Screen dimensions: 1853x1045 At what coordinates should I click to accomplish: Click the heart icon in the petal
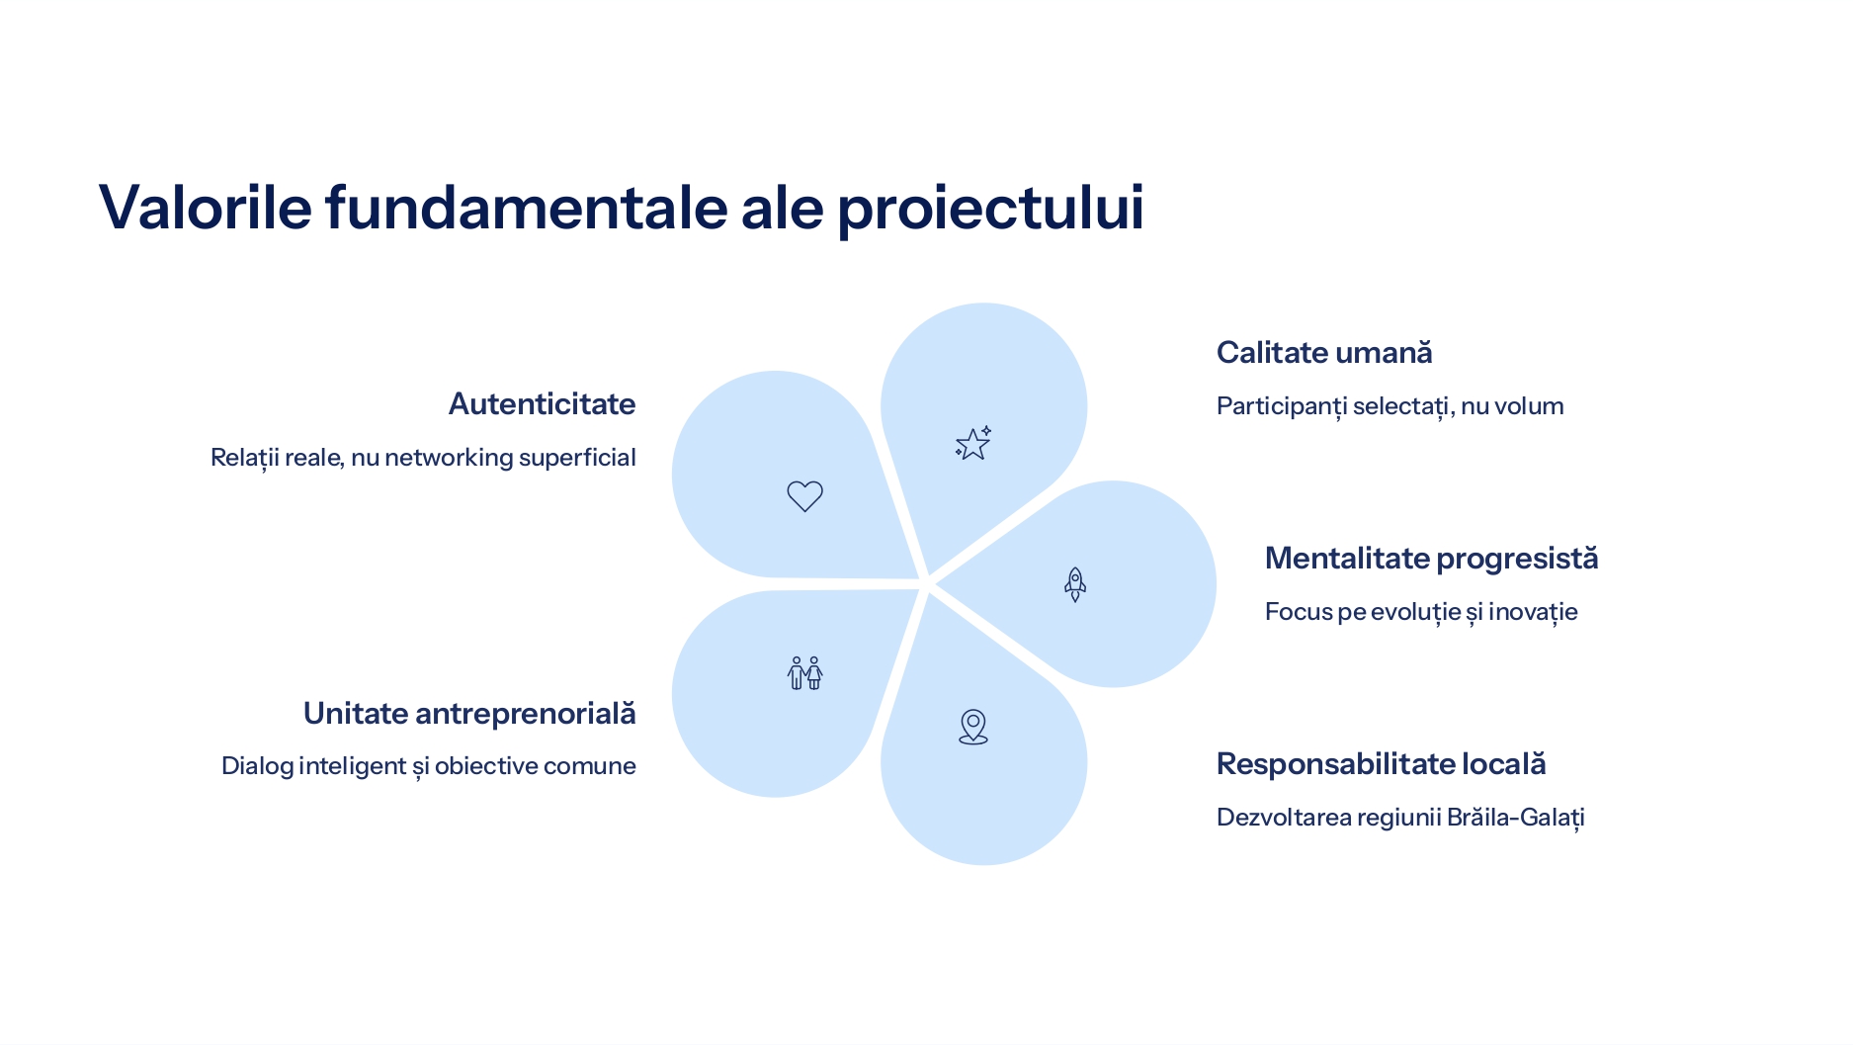[x=804, y=496]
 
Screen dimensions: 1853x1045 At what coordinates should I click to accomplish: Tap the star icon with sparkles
[x=973, y=444]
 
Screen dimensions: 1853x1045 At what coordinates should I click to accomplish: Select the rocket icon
[x=1075, y=584]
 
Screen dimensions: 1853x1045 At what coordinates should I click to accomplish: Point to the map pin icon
[x=973, y=727]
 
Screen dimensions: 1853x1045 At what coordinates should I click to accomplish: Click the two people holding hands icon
[x=805, y=673]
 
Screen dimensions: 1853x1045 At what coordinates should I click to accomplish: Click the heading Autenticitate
[x=542, y=403]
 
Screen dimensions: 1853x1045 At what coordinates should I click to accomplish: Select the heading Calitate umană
[x=1324, y=352]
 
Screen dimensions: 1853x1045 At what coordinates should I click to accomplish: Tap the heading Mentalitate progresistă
[x=1431, y=559]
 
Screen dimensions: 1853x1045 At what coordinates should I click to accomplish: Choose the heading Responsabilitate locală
[x=1381, y=764]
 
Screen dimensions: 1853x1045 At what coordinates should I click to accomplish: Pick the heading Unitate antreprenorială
[x=469, y=713]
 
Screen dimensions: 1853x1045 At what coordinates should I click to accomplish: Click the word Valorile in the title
[x=206, y=207]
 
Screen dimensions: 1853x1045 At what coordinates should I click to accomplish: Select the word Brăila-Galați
[x=1515, y=818]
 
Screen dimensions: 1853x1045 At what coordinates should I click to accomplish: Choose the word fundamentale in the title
[x=526, y=207]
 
